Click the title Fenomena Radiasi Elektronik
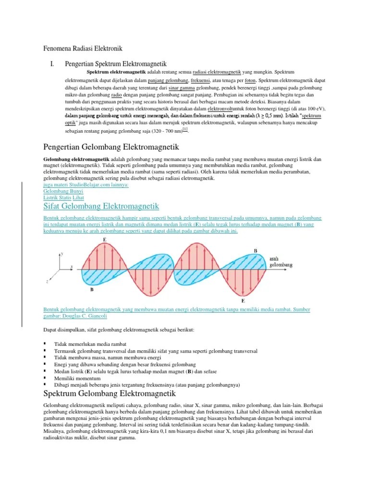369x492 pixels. [83, 49]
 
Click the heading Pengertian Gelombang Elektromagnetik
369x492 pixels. [111, 147]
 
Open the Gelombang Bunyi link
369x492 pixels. [63, 191]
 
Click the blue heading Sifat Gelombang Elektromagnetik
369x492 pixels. [101, 206]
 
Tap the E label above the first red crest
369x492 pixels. [105, 239]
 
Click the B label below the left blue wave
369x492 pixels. [91, 290]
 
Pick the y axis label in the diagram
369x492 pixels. [61, 252]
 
